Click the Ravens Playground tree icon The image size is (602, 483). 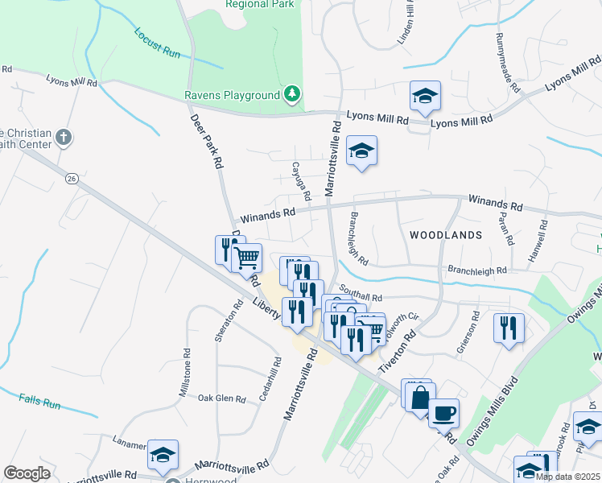(x=293, y=96)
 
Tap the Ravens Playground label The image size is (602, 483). (x=232, y=96)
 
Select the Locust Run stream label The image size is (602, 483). (x=158, y=43)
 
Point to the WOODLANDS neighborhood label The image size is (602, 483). (x=446, y=235)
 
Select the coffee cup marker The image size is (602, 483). (x=443, y=415)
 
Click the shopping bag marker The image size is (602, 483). (x=420, y=398)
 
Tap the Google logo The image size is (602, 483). (x=27, y=473)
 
